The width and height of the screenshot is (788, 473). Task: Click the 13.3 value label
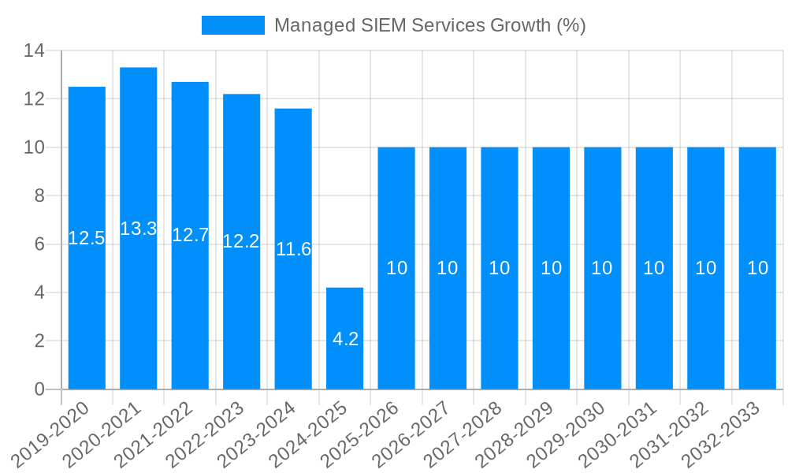click(x=139, y=229)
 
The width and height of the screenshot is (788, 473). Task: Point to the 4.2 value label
click(x=345, y=339)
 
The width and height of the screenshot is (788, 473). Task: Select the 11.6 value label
click(x=293, y=249)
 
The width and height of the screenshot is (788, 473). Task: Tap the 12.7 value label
click(x=190, y=235)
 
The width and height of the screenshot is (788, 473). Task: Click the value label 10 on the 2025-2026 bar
click(x=396, y=268)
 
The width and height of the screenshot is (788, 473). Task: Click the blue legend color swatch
click(x=233, y=25)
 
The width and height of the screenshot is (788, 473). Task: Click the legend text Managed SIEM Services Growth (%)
click(x=429, y=25)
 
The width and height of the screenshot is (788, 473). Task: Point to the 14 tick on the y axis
click(x=34, y=50)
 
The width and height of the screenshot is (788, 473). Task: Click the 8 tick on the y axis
click(x=39, y=196)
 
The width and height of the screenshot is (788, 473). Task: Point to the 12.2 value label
click(x=241, y=241)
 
